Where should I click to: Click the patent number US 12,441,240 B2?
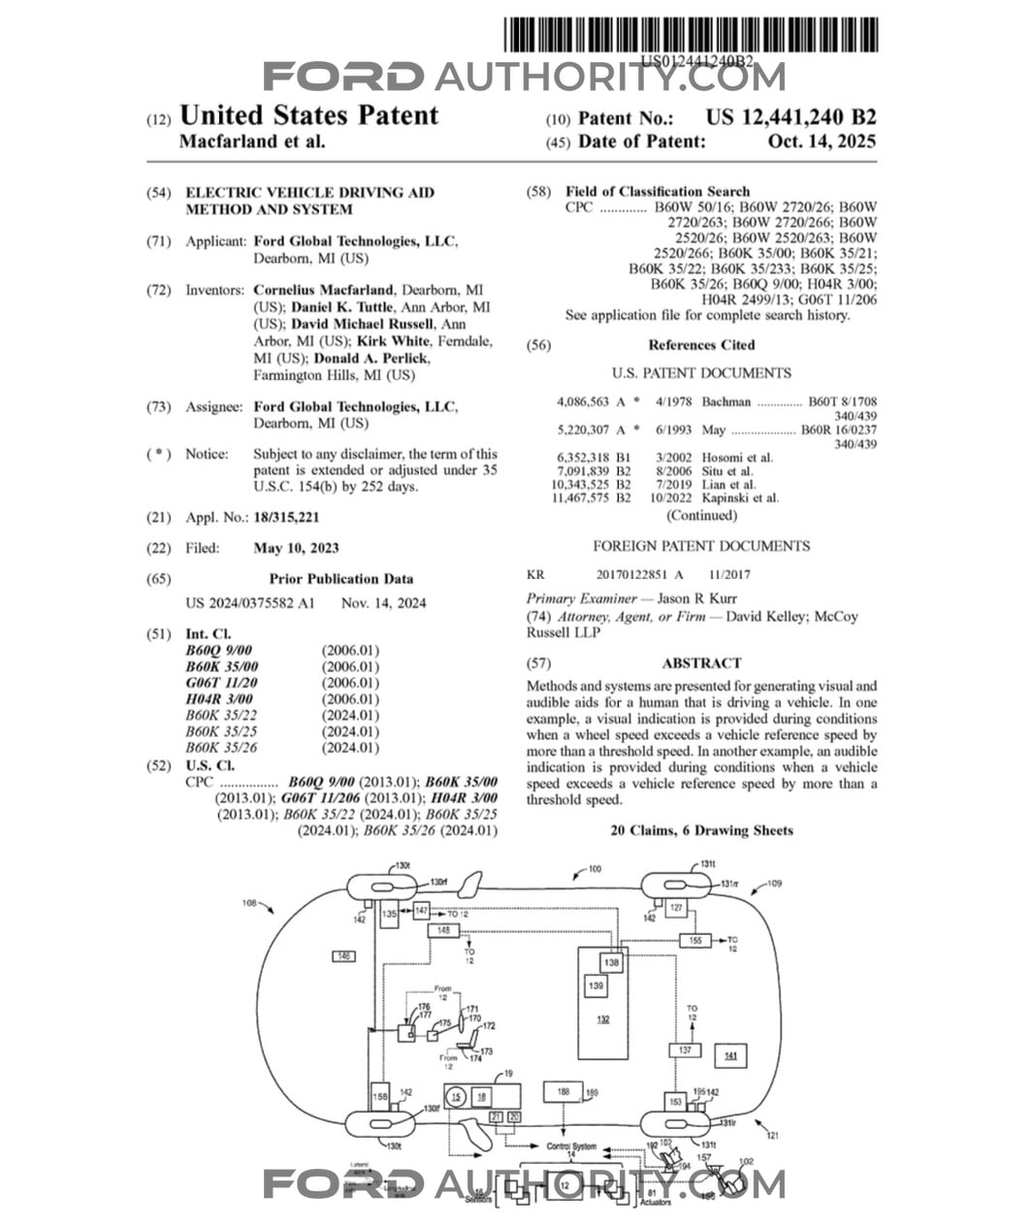point(791,117)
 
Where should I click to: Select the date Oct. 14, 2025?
point(822,142)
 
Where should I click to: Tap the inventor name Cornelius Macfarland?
point(323,290)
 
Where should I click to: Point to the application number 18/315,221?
point(286,517)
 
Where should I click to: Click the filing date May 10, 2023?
point(296,548)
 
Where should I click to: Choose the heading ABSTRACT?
point(701,663)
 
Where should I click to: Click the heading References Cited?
point(701,345)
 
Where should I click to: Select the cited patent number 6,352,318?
point(583,458)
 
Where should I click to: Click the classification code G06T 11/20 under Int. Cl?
point(221,683)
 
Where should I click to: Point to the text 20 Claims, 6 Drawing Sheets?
point(701,830)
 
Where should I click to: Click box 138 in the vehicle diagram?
point(611,963)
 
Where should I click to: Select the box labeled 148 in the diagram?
point(443,930)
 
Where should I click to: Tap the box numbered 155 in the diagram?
point(695,940)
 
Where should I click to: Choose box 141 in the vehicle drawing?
point(730,1055)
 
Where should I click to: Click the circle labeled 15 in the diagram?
point(458,1097)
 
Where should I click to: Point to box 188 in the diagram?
point(563,1092)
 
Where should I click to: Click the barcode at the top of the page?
point(691,35)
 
